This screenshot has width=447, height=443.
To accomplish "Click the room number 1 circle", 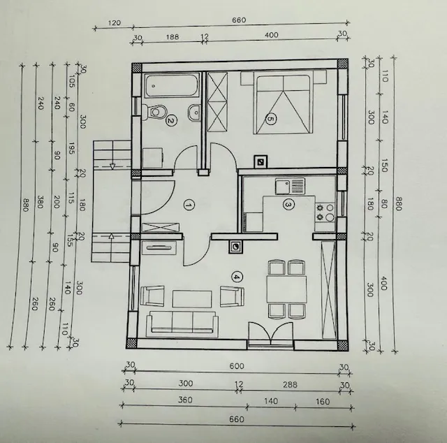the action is (189, 205).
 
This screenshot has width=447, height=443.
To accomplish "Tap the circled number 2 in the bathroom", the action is (171, 120).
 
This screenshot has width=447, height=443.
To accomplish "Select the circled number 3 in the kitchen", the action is (288, 205).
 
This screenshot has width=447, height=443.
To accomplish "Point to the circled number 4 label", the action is (237, 277).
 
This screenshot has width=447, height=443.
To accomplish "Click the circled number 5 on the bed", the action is (270, 119).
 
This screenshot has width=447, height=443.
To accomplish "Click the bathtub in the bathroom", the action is (172, 85).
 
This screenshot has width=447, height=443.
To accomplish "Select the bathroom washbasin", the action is (194, 112).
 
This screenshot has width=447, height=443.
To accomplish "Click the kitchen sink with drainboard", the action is (290, 187).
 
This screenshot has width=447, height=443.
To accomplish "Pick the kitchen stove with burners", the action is (325, 212).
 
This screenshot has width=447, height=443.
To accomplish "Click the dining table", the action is (286, 289).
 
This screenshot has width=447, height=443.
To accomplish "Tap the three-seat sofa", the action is (182, 324).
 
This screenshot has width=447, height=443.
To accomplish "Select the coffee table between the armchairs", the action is (192, 299).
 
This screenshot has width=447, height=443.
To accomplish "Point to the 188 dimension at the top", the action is (173, 37).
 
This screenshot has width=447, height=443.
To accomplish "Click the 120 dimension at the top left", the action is (115, 23).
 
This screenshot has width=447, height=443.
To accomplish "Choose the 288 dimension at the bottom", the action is (290, 384).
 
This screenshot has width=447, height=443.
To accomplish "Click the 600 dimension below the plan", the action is (237, 366).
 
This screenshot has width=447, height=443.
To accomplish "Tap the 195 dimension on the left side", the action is (71, 149).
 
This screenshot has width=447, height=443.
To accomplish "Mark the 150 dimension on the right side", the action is (385, 166).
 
